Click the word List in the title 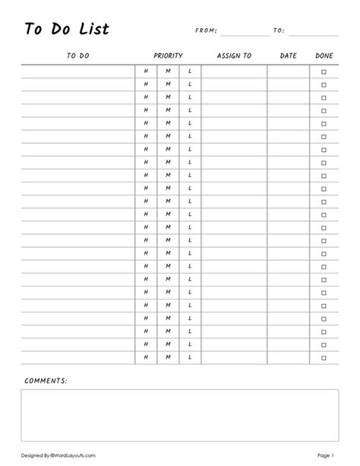click(x=94, y=30)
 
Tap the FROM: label click(x=206, y=31)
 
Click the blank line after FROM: click(x=245, y=33)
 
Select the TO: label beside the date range click(x=279, y=31)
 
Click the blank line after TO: click(x=314, y=33)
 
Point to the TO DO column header click(x=77, y=56)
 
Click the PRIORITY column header click(x=168, y=56)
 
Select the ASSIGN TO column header click(x=234, y=56)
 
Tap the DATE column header click(x=288, y=56)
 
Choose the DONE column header click(x=324, y=56)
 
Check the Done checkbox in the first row click(x=324, y=71)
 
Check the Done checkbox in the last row click(x=324, y=357)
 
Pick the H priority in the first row click(x=146, y=71)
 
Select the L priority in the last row click(x=190, y=357)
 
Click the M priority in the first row click(x=168, y=71)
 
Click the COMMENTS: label click(x=46, y=379)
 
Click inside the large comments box click(x=180, y=416)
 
